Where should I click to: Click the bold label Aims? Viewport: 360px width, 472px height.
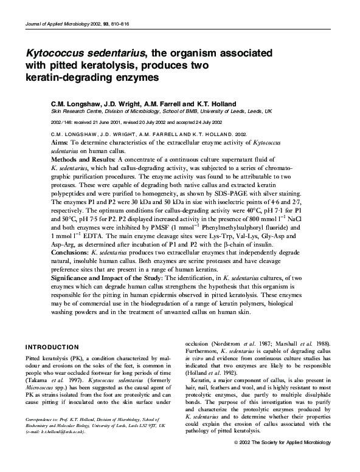[x=60, y=140]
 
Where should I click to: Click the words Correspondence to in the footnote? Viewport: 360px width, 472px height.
[x=44, y=437]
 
